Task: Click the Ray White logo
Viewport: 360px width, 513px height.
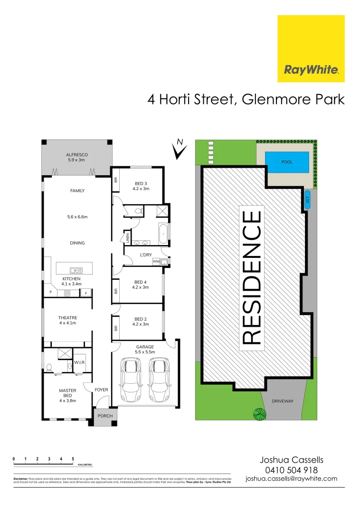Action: coord(311,48)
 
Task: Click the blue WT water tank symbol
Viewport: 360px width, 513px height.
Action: coord(307,199)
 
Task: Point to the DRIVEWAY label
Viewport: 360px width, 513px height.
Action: coord(282,401)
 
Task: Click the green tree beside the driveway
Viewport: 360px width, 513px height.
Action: coord(259,414)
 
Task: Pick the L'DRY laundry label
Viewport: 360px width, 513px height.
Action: coord(145,255)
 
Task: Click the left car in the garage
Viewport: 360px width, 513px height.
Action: coord(130,380)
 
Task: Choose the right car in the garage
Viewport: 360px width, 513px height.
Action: coord(158,380)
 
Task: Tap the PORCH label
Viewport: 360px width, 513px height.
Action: coord(105,416)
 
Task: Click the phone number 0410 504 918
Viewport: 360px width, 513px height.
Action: coord(291,470)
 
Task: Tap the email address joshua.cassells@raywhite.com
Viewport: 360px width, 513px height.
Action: coord(291,479)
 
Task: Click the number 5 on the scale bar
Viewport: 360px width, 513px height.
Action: coord(73,459)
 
